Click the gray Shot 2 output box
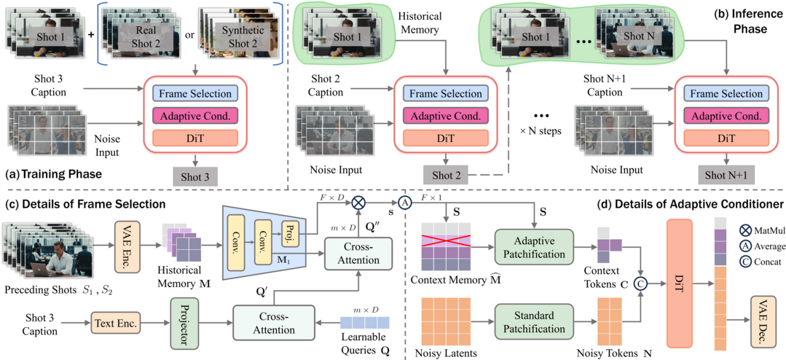(447, 176)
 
